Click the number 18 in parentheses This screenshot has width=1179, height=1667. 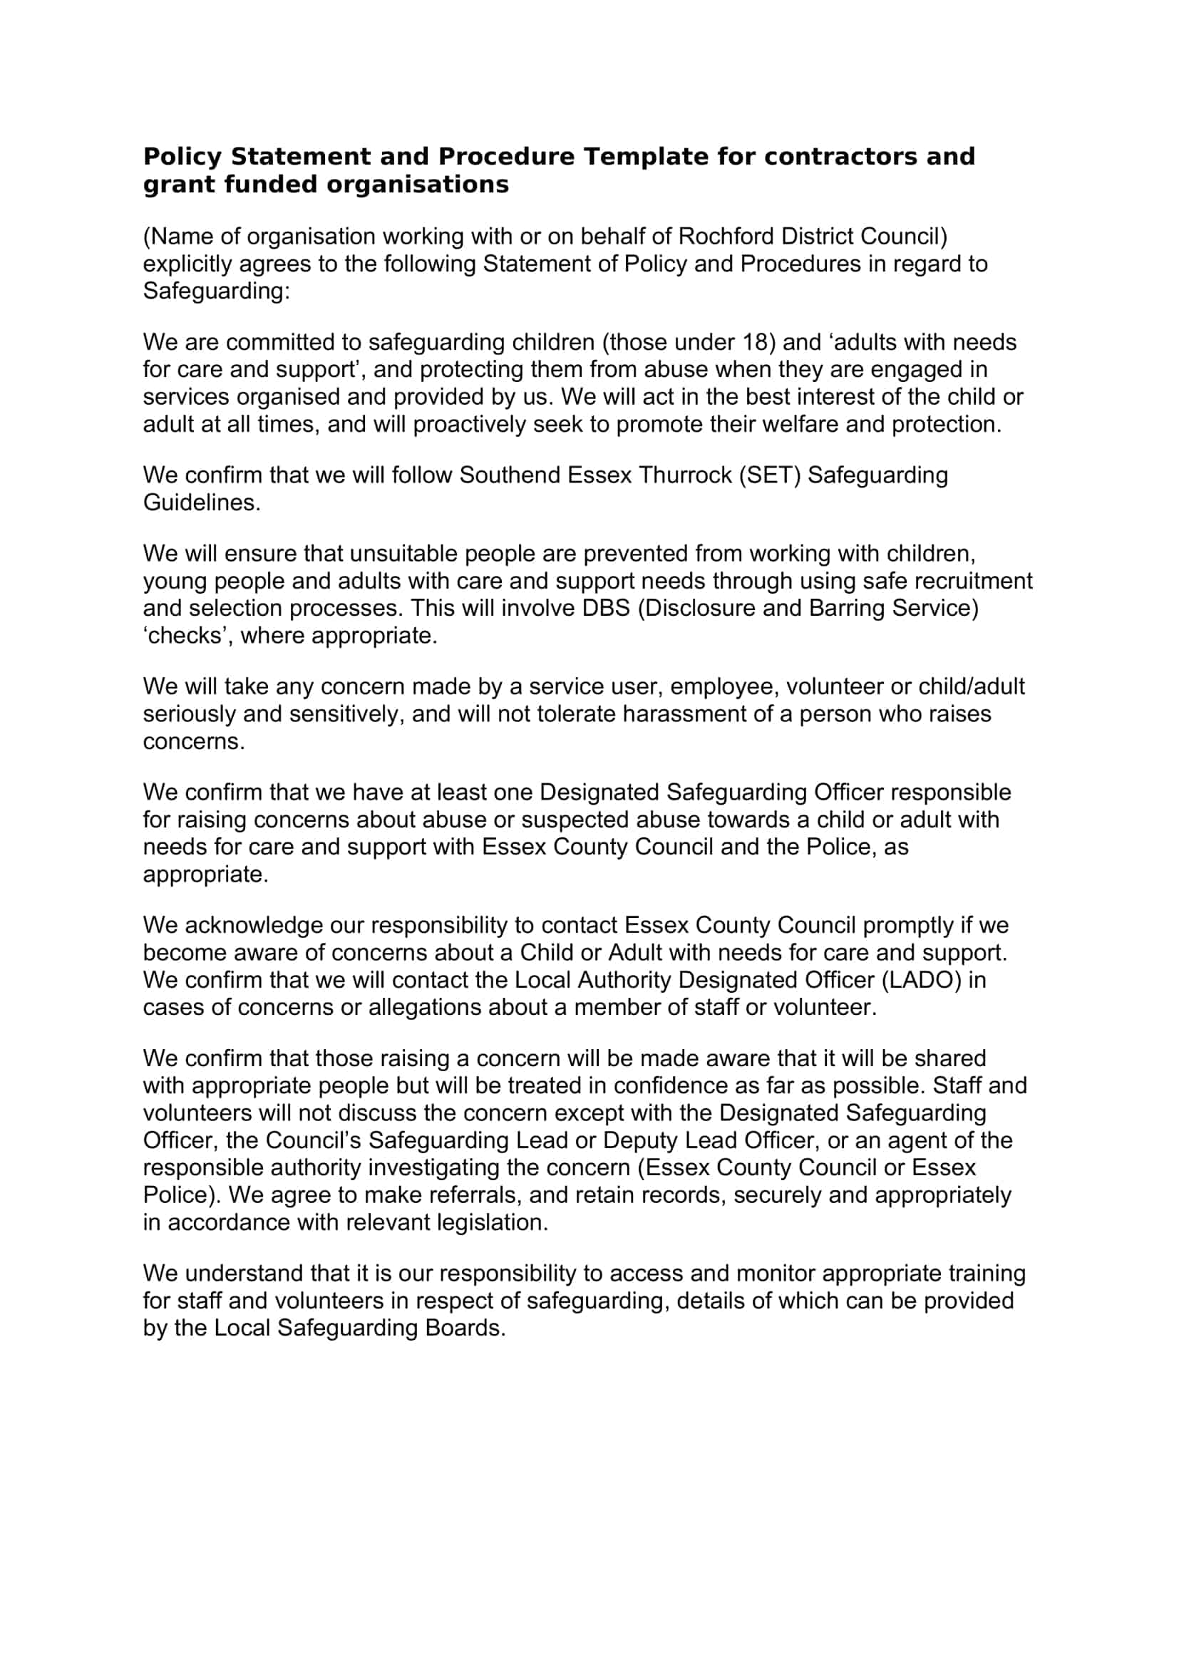[755, 342]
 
